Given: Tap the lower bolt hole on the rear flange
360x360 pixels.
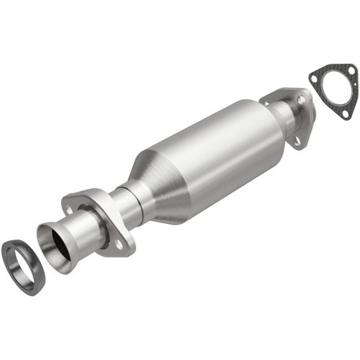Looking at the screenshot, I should coord(296,140).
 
